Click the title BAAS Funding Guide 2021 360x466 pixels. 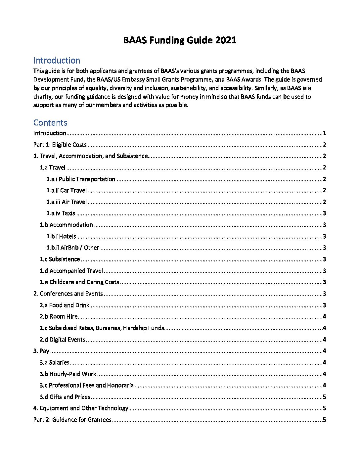[x=180, y=40]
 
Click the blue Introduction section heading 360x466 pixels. [x=57, y=61]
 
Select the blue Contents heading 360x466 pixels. [x=50, y=122]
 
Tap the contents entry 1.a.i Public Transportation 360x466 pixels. [x=81, y=179]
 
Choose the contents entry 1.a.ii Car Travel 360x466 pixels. [x=67, y=190]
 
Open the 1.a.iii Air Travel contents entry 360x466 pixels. [x=67, y=202]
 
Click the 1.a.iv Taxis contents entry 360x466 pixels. [x=61, y=213]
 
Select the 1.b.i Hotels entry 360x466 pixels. [x=61, y=236]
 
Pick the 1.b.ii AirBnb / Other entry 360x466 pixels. [x=73, y=248]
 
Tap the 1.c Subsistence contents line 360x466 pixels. [x=60, y=259]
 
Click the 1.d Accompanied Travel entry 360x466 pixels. [x=71, y=271]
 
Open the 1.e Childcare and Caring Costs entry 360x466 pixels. [x=79, y=282]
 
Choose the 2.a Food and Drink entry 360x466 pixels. [x=65, y=305]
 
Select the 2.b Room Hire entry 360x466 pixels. [x=59, y=316]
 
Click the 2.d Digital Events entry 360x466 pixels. [x=63, y=340]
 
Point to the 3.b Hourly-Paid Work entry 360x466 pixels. [x=68, y=374]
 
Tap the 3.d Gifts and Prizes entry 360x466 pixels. [x=65, y=397]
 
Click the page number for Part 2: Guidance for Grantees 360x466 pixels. [x=324, y=420]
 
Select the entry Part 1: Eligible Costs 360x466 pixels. [x=60, y=145]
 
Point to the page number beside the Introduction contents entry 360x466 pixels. [x=325, y=133]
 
